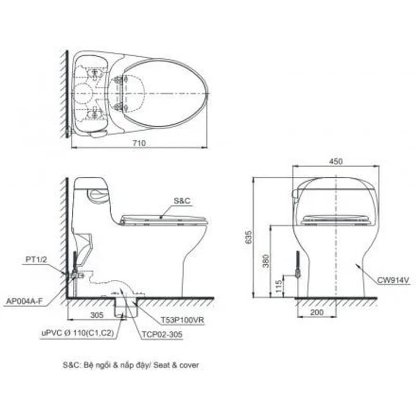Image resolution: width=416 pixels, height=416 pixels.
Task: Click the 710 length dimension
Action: click(x=139, y=143)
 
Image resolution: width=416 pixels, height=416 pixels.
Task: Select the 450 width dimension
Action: click(x=336, y=161)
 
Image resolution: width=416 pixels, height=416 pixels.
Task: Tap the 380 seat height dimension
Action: click(x=266, y=261)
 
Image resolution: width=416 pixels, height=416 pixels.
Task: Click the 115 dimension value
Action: click(x=279, y=287)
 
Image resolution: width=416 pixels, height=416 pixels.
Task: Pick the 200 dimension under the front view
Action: click(x=317, y=312)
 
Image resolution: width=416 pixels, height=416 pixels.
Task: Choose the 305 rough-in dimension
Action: click(x=97, y=315)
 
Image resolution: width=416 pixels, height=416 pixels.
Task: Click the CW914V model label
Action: click(x=393, y=280)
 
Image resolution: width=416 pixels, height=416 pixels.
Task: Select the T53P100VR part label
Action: click(x=183, y=320)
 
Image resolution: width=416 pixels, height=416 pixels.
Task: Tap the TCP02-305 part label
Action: click(x=162, y=334)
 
